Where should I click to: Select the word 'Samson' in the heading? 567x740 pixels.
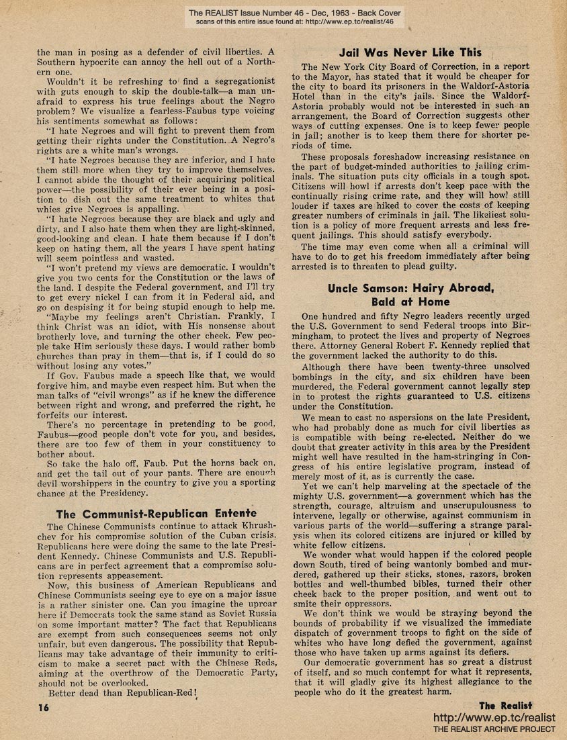(x=390, y=288)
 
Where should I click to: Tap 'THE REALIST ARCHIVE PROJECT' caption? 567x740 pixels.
(x=494, y=729)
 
